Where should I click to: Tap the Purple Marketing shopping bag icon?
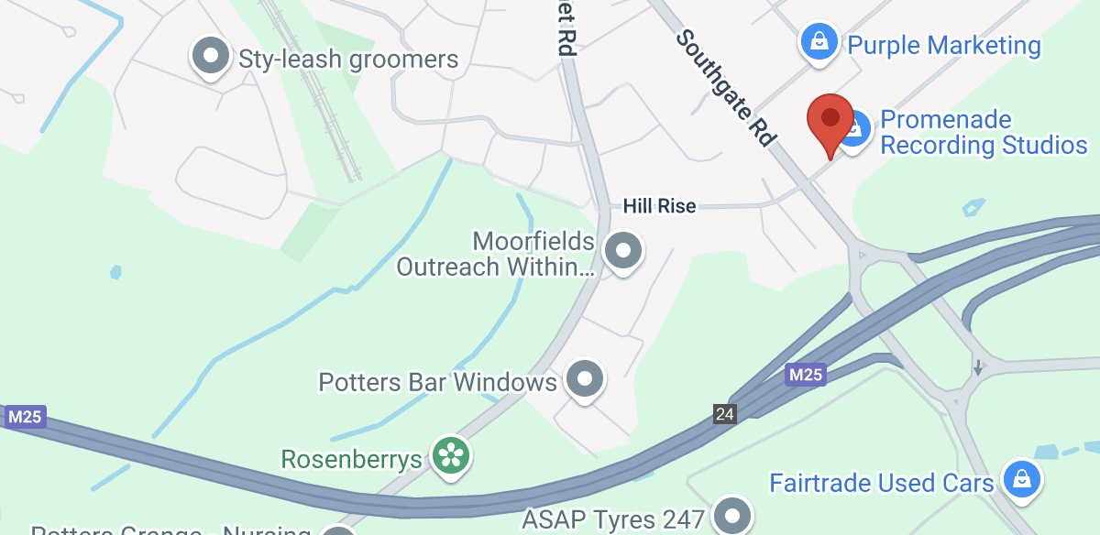[816, 42]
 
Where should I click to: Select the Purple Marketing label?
[944, 45]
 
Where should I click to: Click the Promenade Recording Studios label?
[984, 133]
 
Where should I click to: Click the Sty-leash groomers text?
[348, 60]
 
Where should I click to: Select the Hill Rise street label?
[660, 206]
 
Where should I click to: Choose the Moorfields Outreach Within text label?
[496, 255]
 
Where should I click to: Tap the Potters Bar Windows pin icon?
[585, 377]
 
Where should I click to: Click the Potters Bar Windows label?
[437, 381]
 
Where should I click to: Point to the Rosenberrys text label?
[352, 458]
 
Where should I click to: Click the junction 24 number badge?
[725, 414]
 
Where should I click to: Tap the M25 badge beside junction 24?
[806, 375]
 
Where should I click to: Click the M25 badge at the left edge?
[25, 418]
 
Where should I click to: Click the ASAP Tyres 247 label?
[612, 519]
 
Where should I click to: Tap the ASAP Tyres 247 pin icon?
[731, 516]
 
